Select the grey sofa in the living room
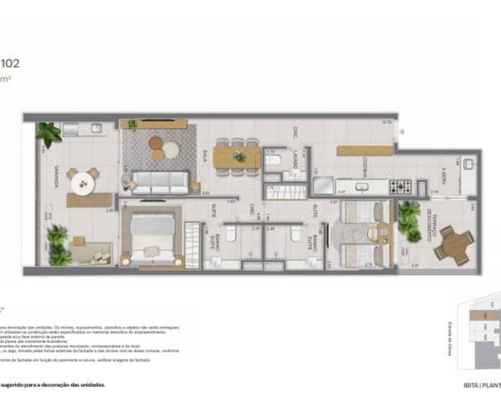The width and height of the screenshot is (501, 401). (x=160, y=182)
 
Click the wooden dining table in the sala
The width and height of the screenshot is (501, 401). (x=236, y=157)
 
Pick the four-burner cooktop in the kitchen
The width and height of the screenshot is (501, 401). (x=401, y=187)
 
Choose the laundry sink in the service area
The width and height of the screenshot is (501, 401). (x=470, y=163)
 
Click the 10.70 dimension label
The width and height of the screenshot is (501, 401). (x=386, y=122)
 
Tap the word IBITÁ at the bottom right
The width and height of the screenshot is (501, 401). (x=471, y=385)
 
